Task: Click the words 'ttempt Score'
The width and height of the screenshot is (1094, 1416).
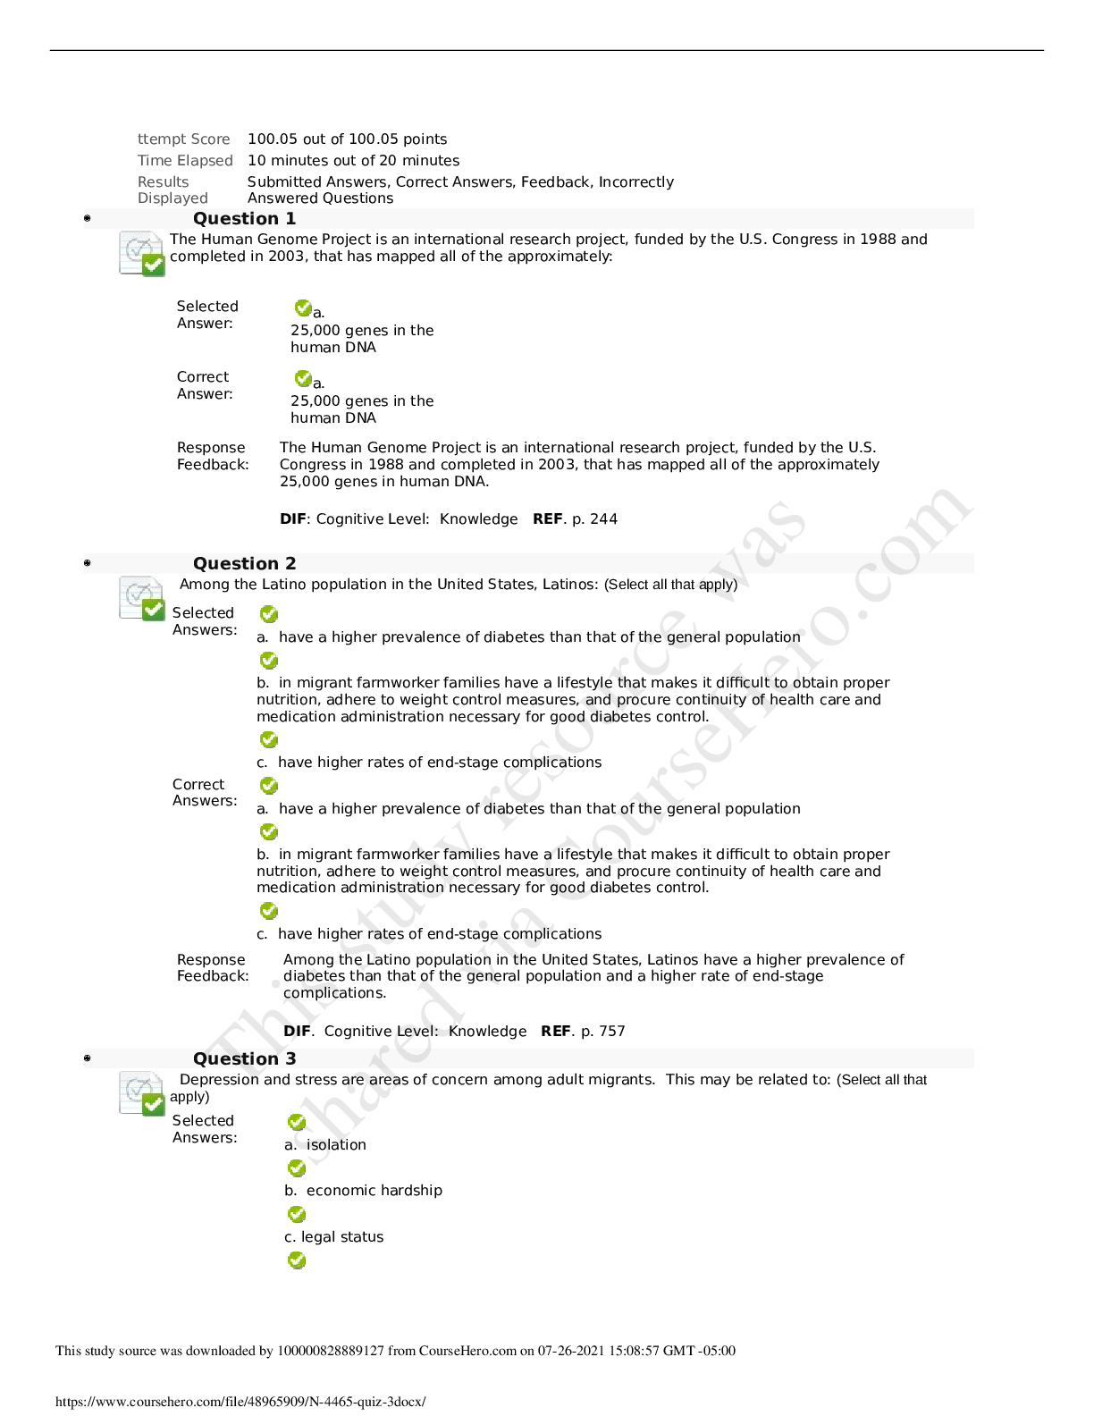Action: tap(183, 139)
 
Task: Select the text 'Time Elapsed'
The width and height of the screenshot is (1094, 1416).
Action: tap(185, 161)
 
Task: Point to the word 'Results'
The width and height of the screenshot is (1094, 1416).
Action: tap(163, 181)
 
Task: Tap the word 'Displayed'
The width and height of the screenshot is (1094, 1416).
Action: tap(173, 198)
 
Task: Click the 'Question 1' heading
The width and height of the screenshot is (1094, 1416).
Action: tap(244, 219)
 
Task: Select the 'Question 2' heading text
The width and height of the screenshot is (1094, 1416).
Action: tap(244, 564)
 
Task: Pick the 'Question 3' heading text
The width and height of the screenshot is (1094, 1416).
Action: tap(244, 1059)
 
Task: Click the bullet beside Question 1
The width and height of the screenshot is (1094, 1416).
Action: tap(88, 218)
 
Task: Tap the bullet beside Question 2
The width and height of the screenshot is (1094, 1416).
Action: tap(88, 563)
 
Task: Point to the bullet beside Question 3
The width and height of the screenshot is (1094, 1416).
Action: tap(88, 1058)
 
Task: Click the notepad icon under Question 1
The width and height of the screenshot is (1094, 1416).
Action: tap(142, 254)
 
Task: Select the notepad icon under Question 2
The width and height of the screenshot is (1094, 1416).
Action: tap(142, 598)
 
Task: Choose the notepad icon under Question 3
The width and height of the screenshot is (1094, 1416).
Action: tap(142, 1093)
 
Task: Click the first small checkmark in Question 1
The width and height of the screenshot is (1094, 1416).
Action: tap(303, 308)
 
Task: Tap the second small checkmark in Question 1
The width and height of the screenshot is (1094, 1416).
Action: tap(303, 378)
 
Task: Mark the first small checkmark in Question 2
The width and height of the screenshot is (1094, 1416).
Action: tap(268, 613)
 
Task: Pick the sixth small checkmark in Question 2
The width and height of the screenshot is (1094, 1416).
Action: tap(268, 910)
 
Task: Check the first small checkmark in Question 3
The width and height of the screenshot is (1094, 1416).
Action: tap(297, 1122)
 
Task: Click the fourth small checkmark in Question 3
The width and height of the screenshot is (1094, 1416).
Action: tap(297, 1260)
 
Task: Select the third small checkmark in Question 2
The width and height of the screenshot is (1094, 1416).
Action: tap(268, 739)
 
